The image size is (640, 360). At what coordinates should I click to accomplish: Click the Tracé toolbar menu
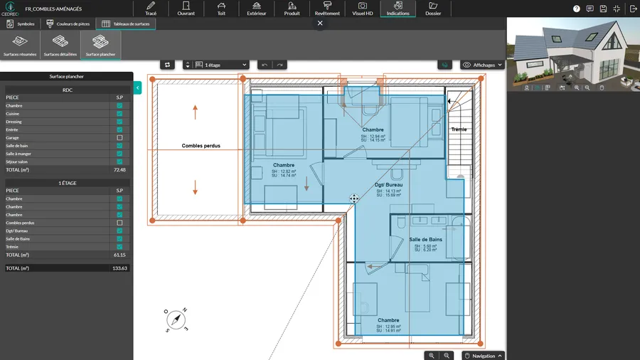pos(151,9)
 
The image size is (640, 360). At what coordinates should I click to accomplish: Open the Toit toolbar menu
pos(221,9)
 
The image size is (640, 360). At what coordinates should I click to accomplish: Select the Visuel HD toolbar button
pos(363,9)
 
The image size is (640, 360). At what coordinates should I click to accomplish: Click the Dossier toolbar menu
pos(432,9)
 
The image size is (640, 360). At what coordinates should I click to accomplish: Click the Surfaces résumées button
pos(20,45)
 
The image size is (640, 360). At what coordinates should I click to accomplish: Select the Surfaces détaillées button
pos(60,45)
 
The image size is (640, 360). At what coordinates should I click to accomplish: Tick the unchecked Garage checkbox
pos(119,138)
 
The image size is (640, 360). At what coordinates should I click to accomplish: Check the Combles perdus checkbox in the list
pos(119,223)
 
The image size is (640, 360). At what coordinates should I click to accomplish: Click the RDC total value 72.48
pos(119,170)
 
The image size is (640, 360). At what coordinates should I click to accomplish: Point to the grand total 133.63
pos(119,268)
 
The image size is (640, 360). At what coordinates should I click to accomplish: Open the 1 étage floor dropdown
pos(222,65)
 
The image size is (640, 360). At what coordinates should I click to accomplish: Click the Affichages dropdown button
pos(483,65)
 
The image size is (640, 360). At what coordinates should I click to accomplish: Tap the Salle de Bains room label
pos(425,240)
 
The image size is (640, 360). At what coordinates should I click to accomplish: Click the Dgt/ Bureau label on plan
pos(388,184)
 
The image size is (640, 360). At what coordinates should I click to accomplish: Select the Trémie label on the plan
pos(459,129)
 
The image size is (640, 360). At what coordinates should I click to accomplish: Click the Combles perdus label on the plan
pos(201,146)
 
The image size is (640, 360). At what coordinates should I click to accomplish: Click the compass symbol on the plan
pos(176,321)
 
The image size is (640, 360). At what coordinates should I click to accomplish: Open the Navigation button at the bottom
pos(483,356)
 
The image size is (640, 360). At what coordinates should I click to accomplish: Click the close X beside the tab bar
pos(320,23)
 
